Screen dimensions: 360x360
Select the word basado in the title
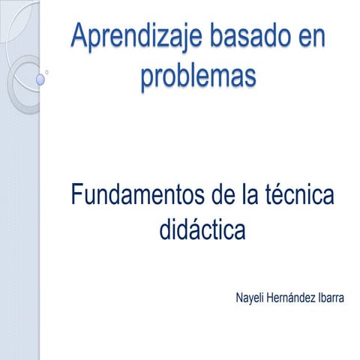248,37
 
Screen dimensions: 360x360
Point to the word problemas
198,76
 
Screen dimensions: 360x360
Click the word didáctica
202,230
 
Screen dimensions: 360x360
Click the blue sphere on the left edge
40,78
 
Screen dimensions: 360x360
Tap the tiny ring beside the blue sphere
49,73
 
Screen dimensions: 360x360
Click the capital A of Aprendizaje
79,37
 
